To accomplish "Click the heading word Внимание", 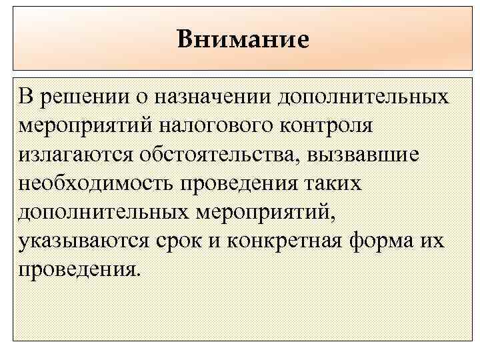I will [x=243, y=39].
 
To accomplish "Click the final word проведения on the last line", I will [x=80, y=269].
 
